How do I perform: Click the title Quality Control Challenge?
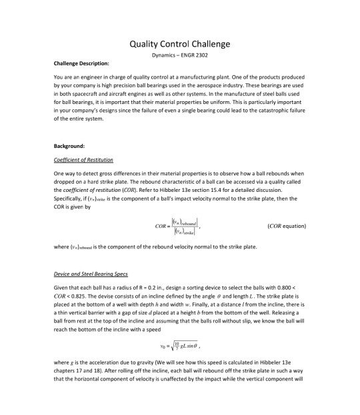tap(179, 44)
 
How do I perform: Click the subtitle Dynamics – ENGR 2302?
tap(179, 56)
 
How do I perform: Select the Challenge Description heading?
tap(81, 64)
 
